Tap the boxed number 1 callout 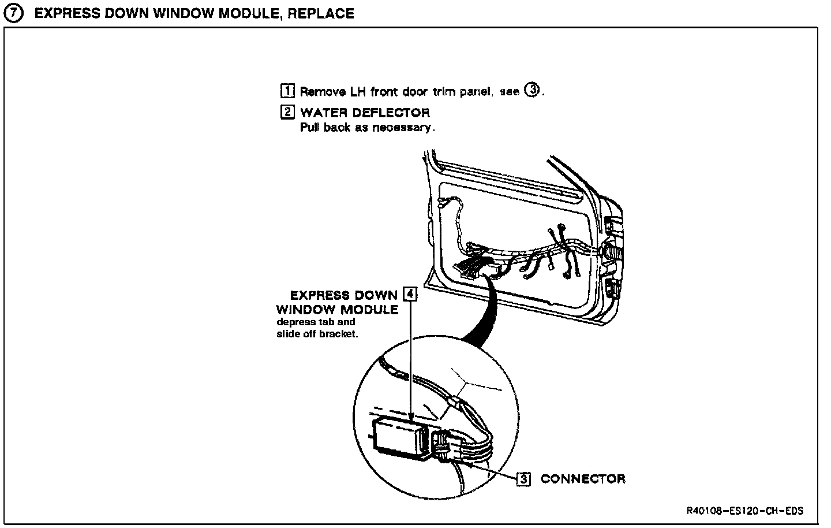point(287,91)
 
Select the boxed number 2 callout point(287,112)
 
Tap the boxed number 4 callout point(410,294)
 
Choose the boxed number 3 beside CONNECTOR point(523,479)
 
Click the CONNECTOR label point(583,479)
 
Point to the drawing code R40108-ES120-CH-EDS point(745,511)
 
